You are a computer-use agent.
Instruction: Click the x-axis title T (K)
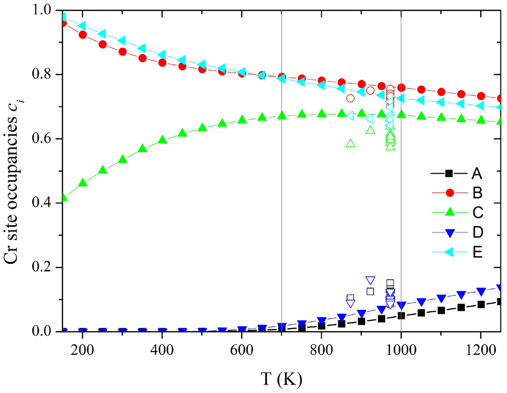point(282,380)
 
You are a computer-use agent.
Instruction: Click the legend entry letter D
point(477,232)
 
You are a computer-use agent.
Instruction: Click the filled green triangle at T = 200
point(83,183)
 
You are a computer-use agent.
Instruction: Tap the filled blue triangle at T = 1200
point(481,292)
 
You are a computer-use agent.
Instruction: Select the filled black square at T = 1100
point(441,310)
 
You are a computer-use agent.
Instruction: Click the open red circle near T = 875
point(351,98)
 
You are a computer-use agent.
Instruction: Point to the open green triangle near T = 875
point(351,143)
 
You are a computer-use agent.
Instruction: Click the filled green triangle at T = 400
point(162,140)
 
